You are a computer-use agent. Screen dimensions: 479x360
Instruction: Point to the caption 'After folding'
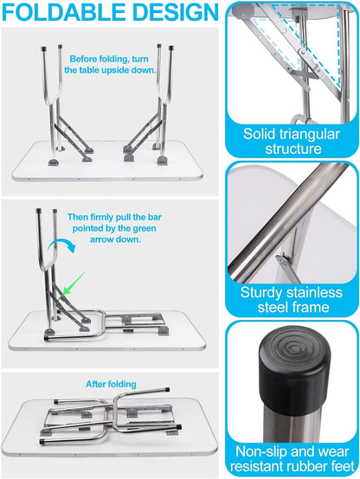pyautogui.click(x=111, y=384)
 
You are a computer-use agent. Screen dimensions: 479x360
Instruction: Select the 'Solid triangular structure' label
pyautogui.click(x=293, y=141)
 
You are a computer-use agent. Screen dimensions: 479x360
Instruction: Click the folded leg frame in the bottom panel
pyautogui.click(x=112, y=427)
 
